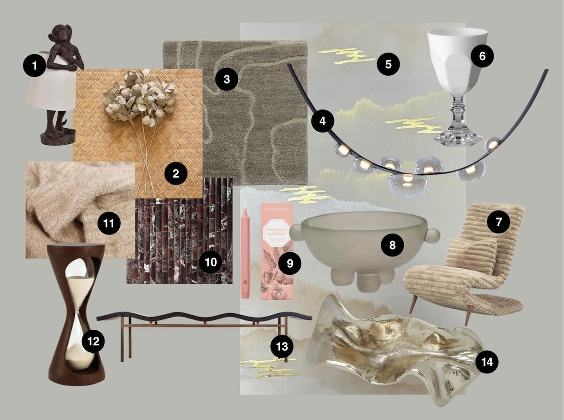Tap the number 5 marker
[388, 63]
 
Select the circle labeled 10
[211, 262]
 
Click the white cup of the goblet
[457, 52]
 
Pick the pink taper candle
[245, 254]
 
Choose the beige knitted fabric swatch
[66, 202]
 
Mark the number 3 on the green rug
[227, 79]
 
